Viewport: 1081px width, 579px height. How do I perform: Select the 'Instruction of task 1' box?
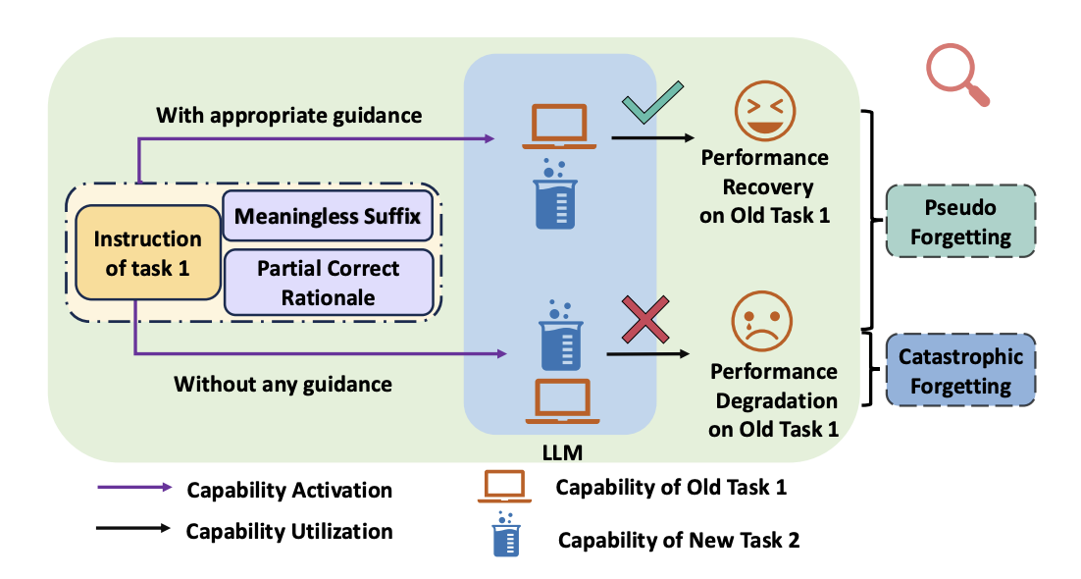147,252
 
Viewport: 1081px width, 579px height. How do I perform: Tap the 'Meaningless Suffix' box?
328,216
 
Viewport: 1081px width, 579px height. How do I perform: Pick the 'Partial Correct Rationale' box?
328,283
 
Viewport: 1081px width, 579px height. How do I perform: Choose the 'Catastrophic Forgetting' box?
960,370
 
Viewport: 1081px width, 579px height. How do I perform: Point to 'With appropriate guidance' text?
288,116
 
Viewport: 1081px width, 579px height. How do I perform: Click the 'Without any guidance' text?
283,384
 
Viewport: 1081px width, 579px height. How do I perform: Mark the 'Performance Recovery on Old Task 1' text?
764,186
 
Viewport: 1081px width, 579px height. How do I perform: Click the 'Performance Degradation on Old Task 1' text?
774,400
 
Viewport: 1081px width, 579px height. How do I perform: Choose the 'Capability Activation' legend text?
289,490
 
